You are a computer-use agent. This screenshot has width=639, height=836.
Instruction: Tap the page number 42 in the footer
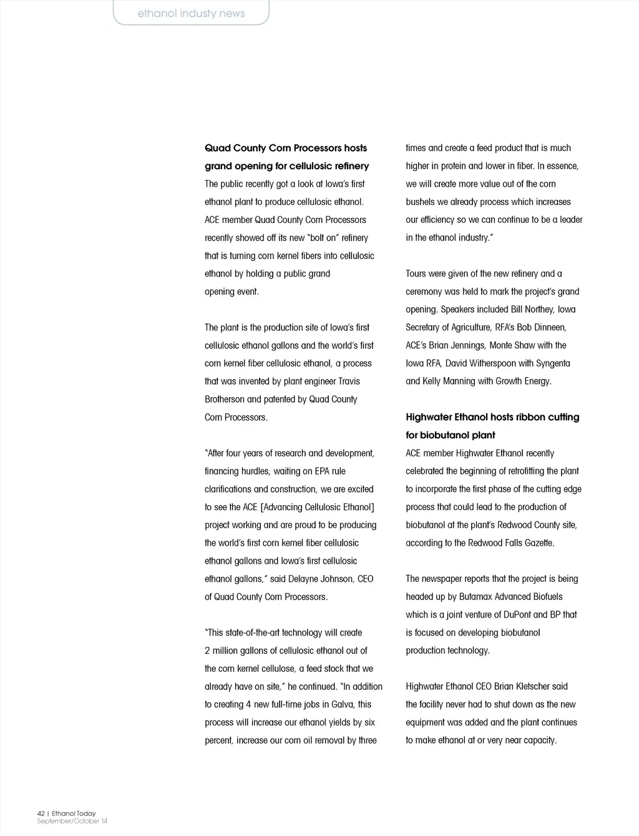(x=41, y=814)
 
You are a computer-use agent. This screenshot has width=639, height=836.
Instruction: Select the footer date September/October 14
(x=72, y=821)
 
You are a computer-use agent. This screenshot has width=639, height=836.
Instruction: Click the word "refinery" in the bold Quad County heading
(x=351, y=166)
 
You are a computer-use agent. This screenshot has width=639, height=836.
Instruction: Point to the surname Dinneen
(x=550, y=327)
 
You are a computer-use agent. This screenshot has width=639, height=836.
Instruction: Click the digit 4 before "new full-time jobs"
(x=248, y=704)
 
